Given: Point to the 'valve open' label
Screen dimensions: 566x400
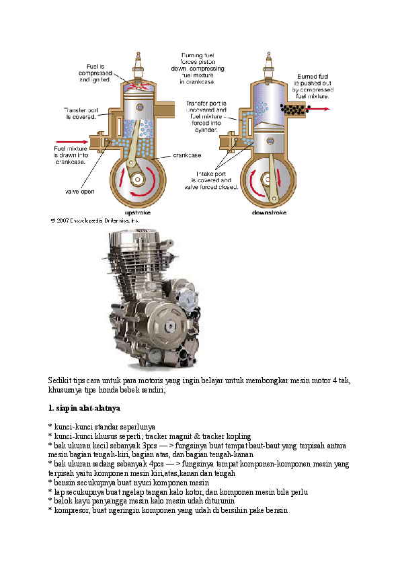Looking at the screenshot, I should coord(79,191).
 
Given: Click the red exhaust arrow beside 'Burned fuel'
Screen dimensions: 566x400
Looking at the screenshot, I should coord(320,108).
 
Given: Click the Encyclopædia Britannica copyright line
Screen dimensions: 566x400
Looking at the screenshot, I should coord(95,220).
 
